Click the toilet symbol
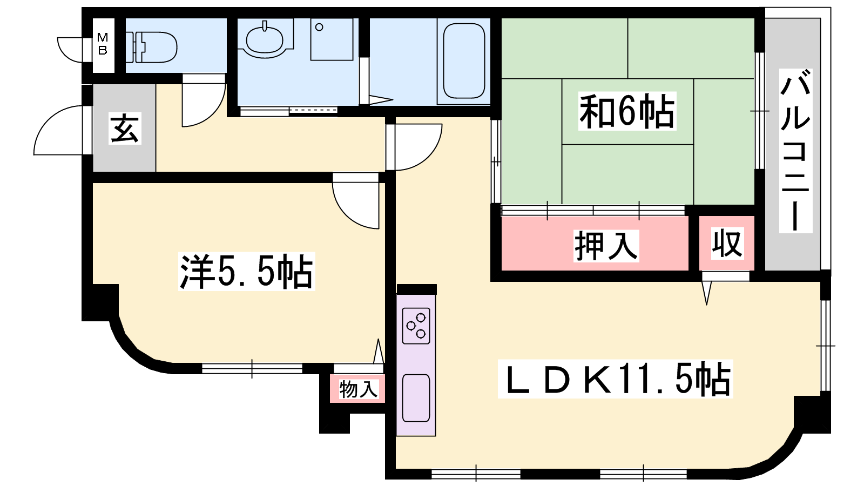pyautogui.click(x=152, y=47)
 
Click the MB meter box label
pyautogui.click(x=103, y=44)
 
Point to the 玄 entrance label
pyautogui.click(x=125, y=128)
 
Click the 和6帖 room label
pyautogui.click(x=627, y=111)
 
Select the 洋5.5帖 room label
pyautogui.click(x=246, y=271)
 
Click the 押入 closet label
pyautogui.click(x=606, y=246)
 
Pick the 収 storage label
pyautogui.click(x=727, y=244)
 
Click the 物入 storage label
pyautogui.click(x=359, y=389)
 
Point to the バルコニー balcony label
pyautogui.click(x=795, y=151)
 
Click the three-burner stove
pyautogui.click(x=416, y=326)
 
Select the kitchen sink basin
pyautogui.click(x=416, y=398)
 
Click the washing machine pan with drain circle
pyautogui.click(x=332, y=39)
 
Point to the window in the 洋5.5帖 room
pyautogui.click(x=252, y=369)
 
